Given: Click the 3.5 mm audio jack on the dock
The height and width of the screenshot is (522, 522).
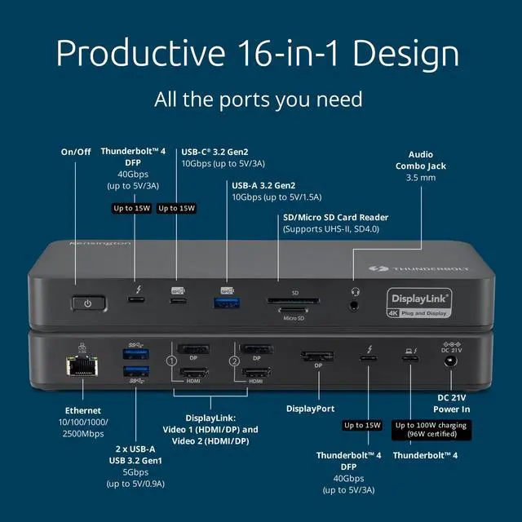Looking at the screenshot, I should click(354, 305).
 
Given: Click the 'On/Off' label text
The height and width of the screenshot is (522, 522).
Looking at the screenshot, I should click(77, 152).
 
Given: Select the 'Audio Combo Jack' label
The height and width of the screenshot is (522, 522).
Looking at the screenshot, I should click(422, 159).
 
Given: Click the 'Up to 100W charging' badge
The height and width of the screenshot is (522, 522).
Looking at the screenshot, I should click(431, 425).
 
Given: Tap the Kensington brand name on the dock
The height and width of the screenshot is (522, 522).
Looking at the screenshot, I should click(100, 243).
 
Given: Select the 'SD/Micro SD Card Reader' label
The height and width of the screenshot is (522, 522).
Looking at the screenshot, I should click(334, 217).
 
